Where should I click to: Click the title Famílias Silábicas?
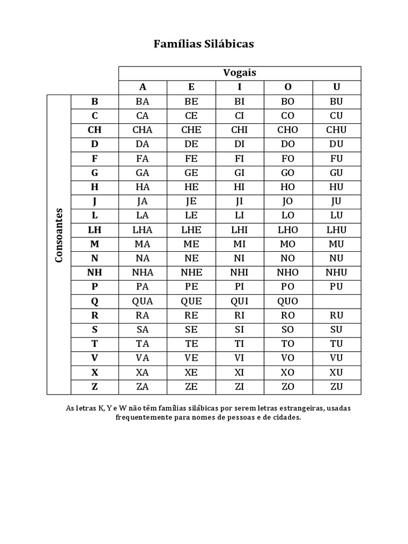click(x=203, y=44)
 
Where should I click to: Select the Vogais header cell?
click(x=240, y=73)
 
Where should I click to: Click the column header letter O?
click(x=288, y=87)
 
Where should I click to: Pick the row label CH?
click(x=95, y=130)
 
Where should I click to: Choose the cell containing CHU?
click(x=336, y=130)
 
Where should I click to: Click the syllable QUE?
click(x=191, y=301)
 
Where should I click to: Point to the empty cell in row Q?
click(x=336, y=301)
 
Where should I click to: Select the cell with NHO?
click(x=288, y=273)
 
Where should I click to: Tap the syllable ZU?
click(x=336, y=387)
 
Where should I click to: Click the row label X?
click(x=95, y=372)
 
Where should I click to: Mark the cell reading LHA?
click(x=142, y=230)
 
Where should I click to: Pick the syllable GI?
click(x=240, y=173)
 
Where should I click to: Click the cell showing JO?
click(x=288, y=201)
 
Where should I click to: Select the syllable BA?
click(x=142, y=101)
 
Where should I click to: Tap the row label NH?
click(x=95, y=273)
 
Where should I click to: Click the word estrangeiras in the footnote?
click(x=300, y=409)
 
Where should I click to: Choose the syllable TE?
click(x=191, y=344)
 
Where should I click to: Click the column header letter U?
click(x=336, y=87)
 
